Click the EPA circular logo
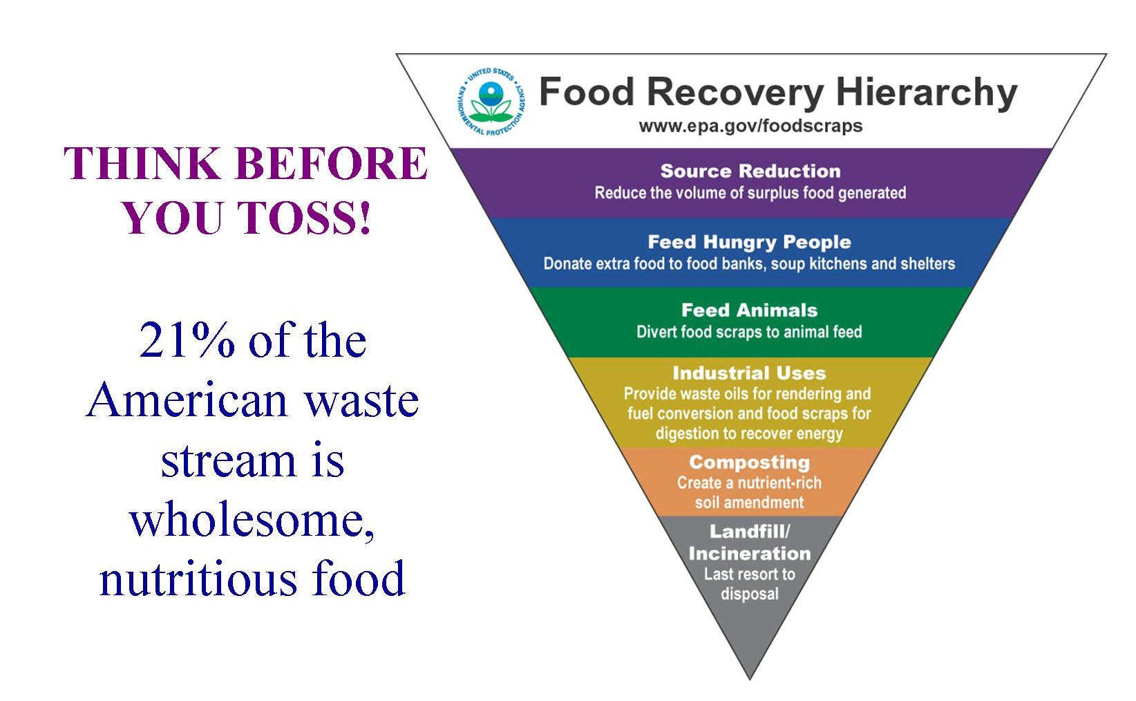tap(491, 102)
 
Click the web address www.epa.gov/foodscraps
tap(750, 126)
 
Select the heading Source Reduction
tap(750, 171)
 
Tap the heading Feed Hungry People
tap(750, 243)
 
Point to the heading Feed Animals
tap(750, 310)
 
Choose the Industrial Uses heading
tap(750, 373)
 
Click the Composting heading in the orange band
tap(750, 462)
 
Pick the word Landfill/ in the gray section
tap(750, 532)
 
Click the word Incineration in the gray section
tap(750, 553)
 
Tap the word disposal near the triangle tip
tap(750, 594)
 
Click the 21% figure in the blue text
tap(187, 340)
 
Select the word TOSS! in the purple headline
tap(304, 218)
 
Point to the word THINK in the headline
tap(142, 163)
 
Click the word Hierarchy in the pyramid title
tap(927, 93)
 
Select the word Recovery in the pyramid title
tap(735, 93)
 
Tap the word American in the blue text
tap(188, 400)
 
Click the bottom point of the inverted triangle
tap(750, 679)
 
